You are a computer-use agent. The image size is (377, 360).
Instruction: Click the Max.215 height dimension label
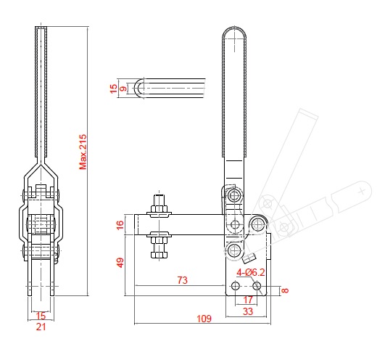[83, 150]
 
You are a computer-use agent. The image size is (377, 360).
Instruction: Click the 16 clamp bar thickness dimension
[120, 225]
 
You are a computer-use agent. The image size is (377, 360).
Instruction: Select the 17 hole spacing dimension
[248, 299]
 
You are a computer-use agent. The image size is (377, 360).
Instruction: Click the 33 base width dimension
[247, 312]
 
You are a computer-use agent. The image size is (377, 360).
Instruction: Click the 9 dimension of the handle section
[123, 89]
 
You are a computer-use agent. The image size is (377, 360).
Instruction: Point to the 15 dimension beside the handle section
[113, 89]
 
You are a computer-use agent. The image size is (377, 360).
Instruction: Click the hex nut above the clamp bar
[158, 212]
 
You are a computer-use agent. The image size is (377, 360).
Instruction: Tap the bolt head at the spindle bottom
[158, 254]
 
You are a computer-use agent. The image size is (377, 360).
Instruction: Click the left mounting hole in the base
[235, 286]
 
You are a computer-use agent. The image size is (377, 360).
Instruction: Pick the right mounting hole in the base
[257, 286]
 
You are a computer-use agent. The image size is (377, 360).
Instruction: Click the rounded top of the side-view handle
[233, 33]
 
